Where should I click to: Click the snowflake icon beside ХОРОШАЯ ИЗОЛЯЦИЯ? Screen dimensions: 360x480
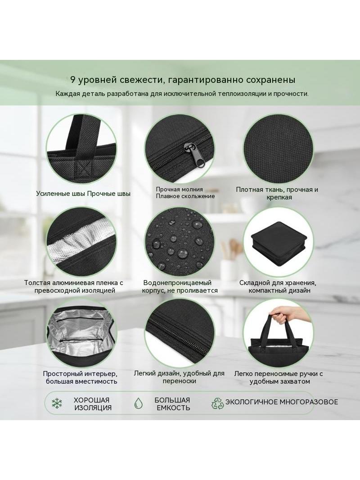click(57, 403)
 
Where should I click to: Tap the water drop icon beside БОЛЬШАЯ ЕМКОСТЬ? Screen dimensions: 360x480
click(139, 403)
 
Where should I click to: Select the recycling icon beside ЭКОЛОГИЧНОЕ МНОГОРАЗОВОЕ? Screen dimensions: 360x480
click(217, 403)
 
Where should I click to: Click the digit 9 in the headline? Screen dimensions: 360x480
click(73, 80)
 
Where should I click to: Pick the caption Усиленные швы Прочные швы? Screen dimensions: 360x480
click(83, 194)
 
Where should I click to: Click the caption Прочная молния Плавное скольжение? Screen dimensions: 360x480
click(185, 193)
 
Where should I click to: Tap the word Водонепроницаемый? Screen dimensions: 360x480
click(177, 282)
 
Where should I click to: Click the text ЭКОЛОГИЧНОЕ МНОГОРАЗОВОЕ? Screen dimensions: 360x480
click(282, 402)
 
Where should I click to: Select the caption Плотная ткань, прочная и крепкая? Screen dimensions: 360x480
click(277, 193)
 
